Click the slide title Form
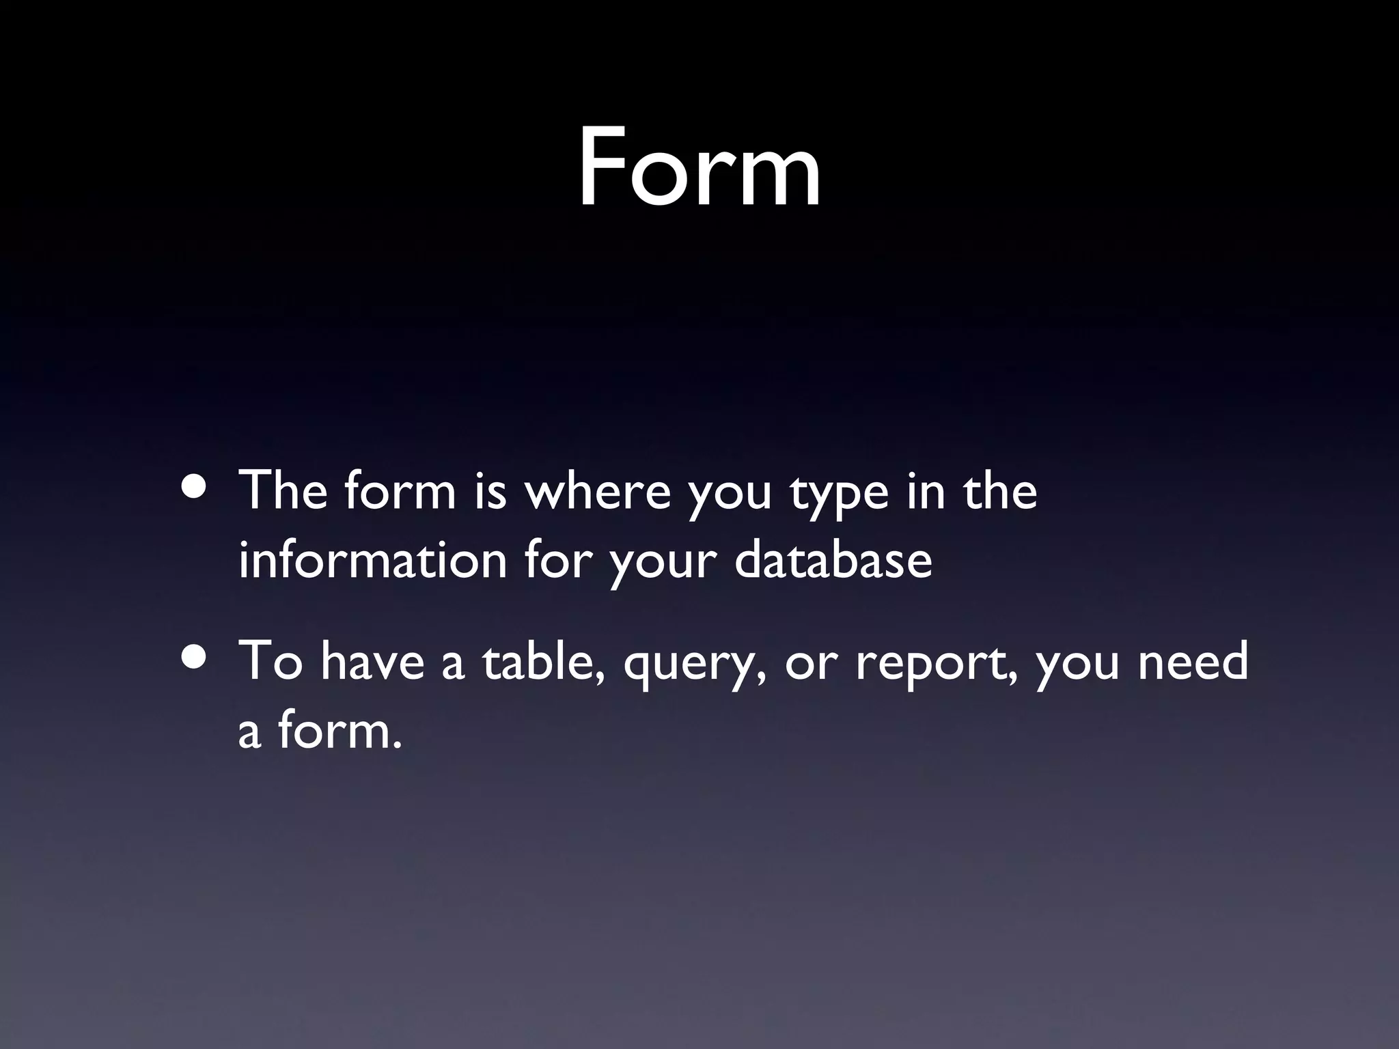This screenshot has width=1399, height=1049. point(699,168)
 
